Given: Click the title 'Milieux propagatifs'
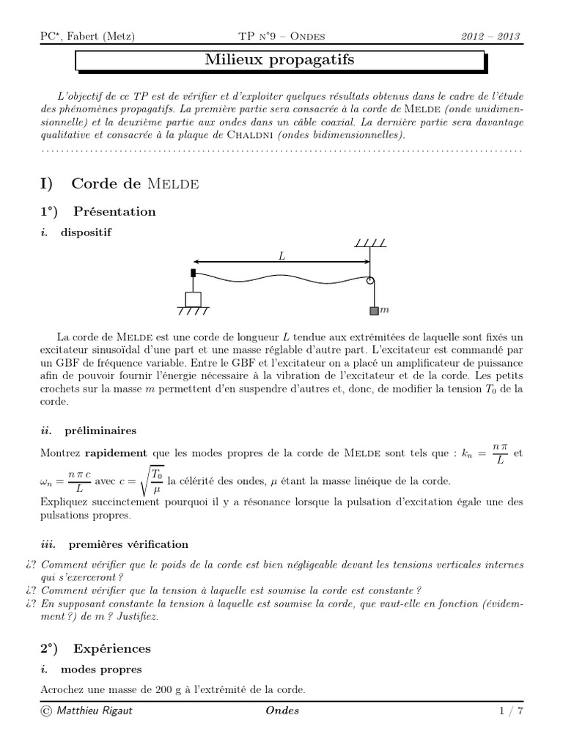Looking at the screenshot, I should (279, 60).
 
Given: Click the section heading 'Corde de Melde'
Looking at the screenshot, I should (136, 183).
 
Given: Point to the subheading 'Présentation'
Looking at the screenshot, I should (114, 212).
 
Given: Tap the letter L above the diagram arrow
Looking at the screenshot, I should (282, 256).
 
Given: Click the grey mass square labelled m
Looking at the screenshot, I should (374, 311).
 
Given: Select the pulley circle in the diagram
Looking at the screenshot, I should (371, 280).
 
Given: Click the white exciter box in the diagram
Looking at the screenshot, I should (193, 298).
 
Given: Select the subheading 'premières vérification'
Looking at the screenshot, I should (128, 544).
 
